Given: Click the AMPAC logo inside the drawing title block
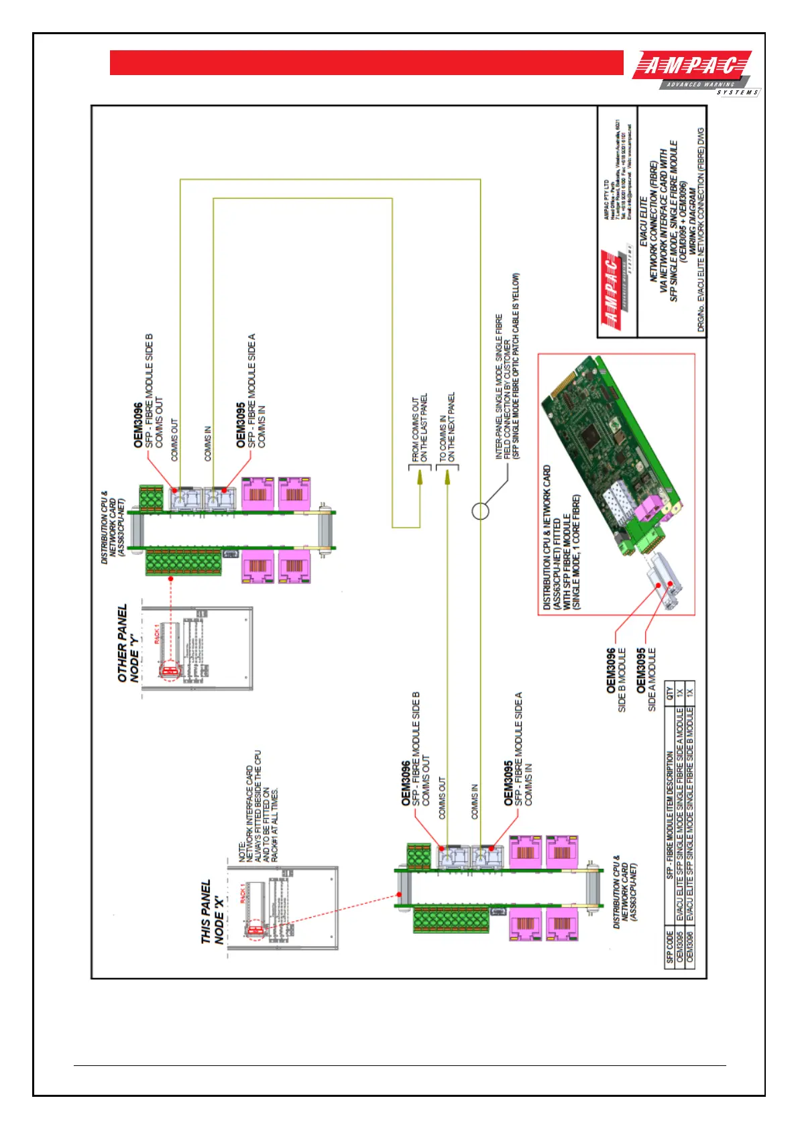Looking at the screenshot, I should point(613,290).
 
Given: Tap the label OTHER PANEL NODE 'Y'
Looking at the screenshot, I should point(127,644).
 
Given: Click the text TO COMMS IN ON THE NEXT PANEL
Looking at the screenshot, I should point(447,427).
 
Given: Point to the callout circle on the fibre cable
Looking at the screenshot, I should point(480,512).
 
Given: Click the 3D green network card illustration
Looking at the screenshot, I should point(610,463).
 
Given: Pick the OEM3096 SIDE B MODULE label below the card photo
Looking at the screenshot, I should point(616,678).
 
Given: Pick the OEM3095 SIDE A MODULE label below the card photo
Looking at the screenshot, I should point(646,678).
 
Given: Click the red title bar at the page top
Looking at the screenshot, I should point(366,63).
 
